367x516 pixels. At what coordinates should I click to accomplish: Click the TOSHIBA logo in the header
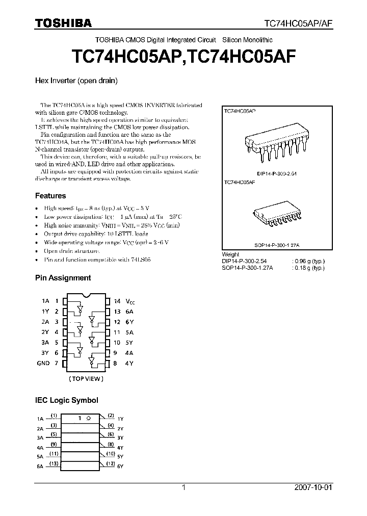[63, 23]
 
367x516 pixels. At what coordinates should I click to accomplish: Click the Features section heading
[50, 196]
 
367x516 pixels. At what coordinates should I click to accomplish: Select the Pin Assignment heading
[63, 278]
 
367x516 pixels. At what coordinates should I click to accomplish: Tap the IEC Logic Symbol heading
[66, 400]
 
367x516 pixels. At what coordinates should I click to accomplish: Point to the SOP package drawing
[274, 217]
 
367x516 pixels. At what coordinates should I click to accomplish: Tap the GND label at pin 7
[43, 363]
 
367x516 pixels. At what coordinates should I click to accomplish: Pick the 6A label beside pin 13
[130, 312]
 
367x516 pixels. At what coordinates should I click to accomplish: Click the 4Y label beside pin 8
[130, 363]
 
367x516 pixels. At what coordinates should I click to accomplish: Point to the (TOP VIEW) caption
[86, 379]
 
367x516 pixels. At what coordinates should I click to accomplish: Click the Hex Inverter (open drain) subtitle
[76, 81]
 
